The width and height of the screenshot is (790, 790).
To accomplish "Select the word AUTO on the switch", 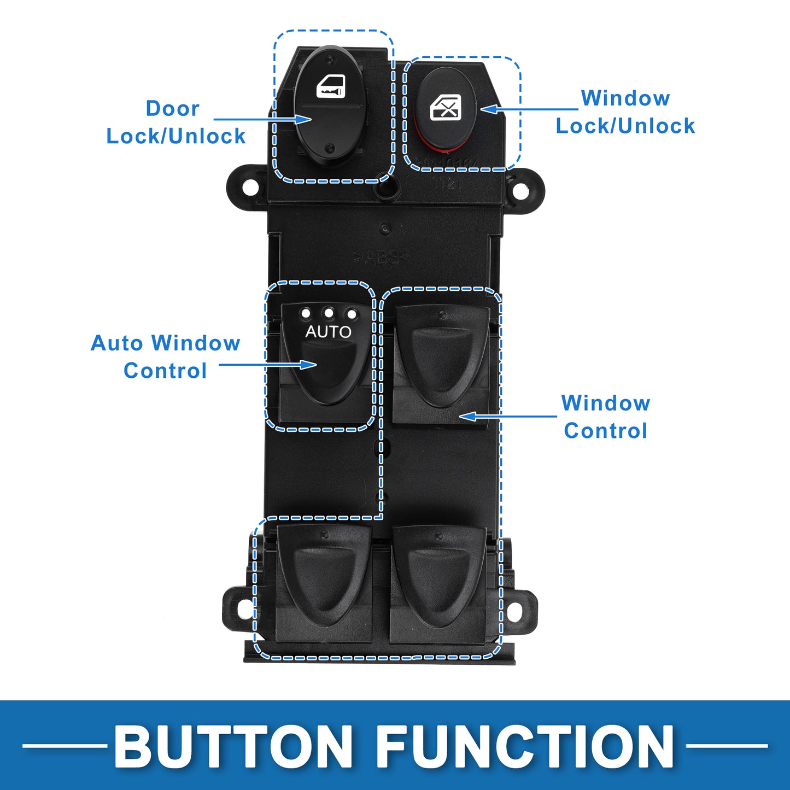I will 328,332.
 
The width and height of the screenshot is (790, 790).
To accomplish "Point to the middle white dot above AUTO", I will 329,313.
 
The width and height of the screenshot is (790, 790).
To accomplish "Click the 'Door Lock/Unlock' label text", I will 175,122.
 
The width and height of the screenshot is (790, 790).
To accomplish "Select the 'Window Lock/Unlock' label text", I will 625,112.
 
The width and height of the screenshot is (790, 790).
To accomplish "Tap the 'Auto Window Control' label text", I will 165,357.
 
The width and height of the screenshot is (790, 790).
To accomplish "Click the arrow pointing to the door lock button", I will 262,119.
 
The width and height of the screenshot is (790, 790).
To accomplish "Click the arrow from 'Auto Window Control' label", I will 267,365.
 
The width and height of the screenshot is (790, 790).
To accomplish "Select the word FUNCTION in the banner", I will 525,746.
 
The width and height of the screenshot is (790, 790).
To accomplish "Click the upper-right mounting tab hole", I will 521,192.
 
